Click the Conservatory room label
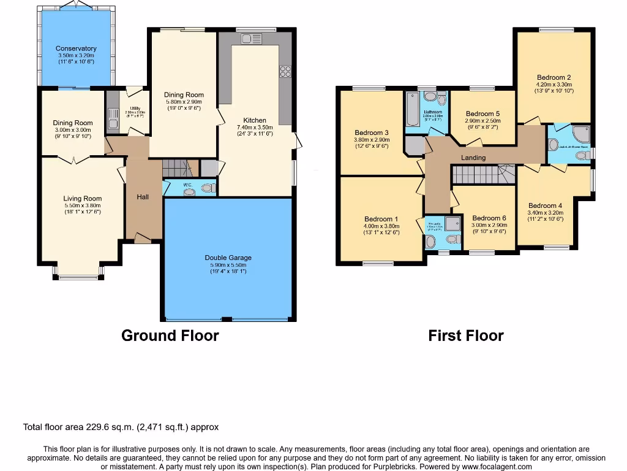click(x=76, y=48)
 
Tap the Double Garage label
click(x=228, y=258)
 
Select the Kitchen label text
click(x=255, y=120)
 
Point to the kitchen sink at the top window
click(x=251, y=39)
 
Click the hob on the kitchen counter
click(x=285, y=71)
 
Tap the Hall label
click(x=143, y=197)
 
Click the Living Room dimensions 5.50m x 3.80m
click(x=83, y=205)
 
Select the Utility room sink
click(x=113, y=117)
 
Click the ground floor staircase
click(x=177, y=167)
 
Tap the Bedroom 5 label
click(x=482, y=113)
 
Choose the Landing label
click(x=473, y=158)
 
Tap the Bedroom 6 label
click(x=489, y=218)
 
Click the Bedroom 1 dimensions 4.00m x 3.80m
click(x=381, y=226)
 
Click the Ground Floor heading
click(x=170, y=335)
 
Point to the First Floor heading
click(x=465, y=335)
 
